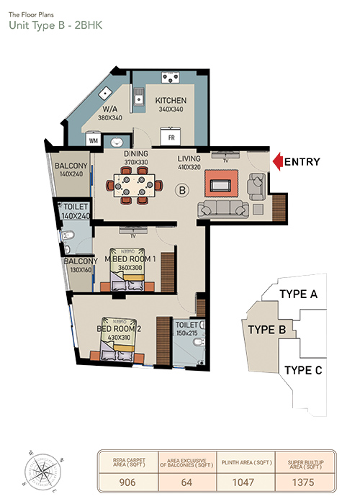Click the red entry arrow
click(277, 162)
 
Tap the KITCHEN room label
click(171, 100)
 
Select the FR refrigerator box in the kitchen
click(171, 135)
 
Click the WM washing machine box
click(94, 141)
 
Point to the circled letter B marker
click(182, 190)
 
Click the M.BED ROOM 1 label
click(130, 258)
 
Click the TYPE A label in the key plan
click(299, 294)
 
